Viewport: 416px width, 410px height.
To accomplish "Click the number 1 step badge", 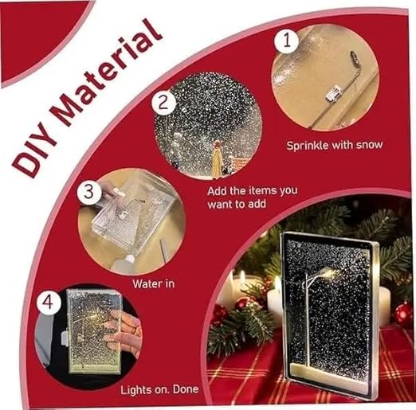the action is [286, 41].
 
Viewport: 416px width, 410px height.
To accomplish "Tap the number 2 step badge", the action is [163, 102].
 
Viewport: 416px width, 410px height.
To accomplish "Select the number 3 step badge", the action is [89, 191].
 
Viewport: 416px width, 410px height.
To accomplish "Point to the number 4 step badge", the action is [49, 303].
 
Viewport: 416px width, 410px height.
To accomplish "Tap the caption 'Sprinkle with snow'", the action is [335, 146].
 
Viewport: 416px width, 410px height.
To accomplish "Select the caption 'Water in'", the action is [153, 284].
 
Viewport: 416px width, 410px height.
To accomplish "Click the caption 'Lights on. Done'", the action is [159, 389].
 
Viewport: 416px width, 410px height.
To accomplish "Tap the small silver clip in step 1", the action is [333, 92].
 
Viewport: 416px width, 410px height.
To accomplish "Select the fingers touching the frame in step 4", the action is [124, 333].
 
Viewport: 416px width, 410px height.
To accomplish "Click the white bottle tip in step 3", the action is [130, 257].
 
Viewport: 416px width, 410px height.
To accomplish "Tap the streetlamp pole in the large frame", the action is [308, 320].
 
